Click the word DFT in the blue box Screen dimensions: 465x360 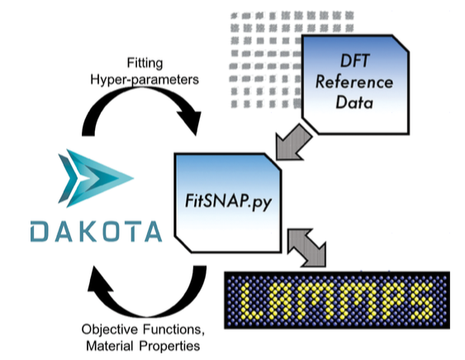click(x=354, y=61)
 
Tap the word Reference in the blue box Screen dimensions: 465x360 click(x=354, y=82)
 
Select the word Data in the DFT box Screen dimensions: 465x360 click(x=354, y=102)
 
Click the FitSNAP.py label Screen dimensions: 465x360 click(x=228, y=201)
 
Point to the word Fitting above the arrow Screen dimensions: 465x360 click(x=145, y=63)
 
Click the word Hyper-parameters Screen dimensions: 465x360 click(x=145, y=79)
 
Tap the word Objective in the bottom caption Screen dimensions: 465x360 click(x=110, y=329)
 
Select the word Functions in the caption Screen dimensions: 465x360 click(x=173, y=329)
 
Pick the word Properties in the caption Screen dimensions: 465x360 click(x=169, y=346)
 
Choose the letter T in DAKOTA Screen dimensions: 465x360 click(x=130, y=231)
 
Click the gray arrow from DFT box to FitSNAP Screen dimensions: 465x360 click(x=294, y=143)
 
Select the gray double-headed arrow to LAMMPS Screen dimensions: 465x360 click(x=307, y=248)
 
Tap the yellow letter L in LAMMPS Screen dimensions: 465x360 click(x=250, y=301)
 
